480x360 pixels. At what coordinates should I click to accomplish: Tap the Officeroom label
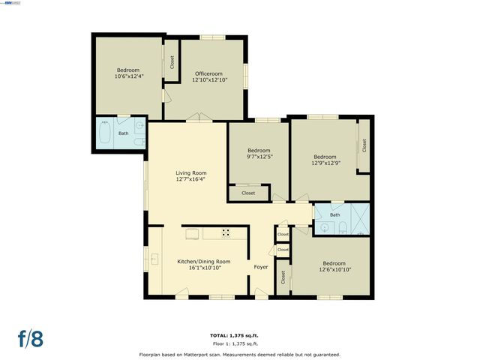209,73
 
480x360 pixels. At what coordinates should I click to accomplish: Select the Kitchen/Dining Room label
203,261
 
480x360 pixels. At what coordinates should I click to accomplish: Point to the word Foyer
261,267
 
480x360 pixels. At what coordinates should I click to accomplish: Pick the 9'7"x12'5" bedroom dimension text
258,157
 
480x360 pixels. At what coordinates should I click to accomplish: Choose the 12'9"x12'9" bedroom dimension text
325,162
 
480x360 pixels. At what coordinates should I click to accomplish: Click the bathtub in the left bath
105,134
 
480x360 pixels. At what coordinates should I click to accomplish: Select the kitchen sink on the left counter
155,260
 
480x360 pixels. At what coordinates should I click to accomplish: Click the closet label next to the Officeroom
172,62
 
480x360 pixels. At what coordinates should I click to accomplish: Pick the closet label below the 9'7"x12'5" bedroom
248,193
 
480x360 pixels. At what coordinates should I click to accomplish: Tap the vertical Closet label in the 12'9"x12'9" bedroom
364,145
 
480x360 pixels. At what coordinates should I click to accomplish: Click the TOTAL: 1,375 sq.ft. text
239,334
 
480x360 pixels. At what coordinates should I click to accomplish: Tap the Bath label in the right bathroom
334,215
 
